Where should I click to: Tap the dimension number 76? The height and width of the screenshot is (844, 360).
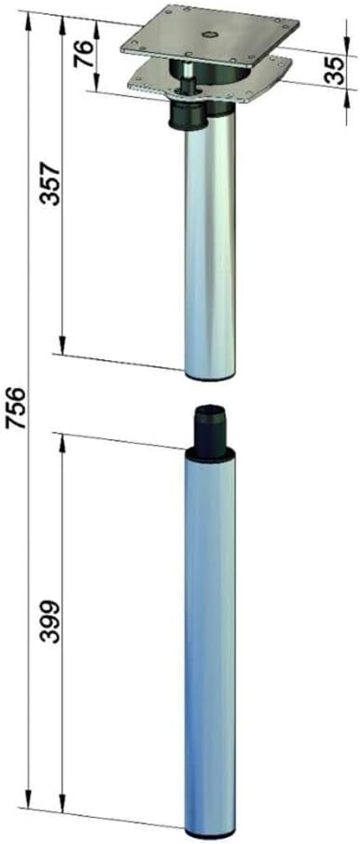[x=83, y=53]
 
